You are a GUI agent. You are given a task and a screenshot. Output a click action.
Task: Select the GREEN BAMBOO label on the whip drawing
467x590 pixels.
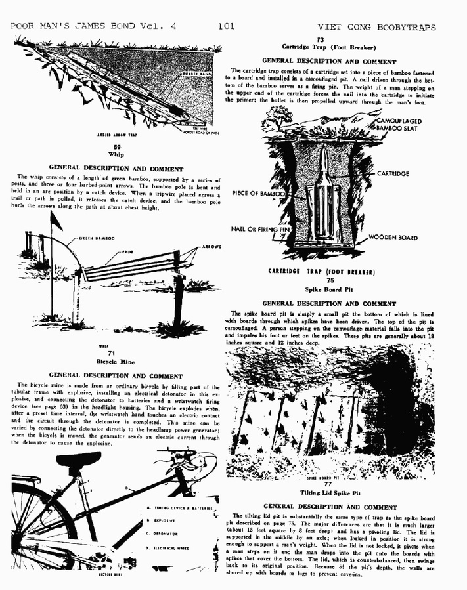pos(97,238)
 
